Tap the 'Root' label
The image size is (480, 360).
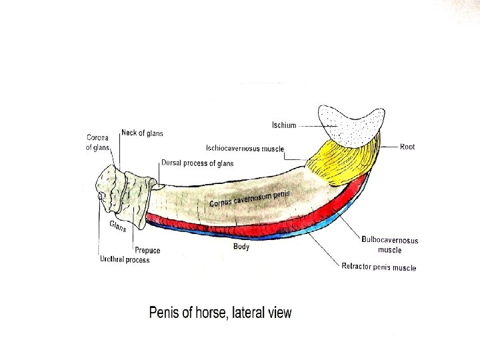click(x=407, y=146)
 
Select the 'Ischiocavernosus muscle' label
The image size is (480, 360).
click(x=245, y=148)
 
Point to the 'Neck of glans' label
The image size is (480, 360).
click(x=142, y=133)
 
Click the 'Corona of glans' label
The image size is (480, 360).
click(x=97, y=143)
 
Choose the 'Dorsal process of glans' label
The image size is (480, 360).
click(x=197, y=163)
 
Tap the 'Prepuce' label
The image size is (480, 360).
click(x=147, y=251)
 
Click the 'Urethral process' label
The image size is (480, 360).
click(x=125, y=259)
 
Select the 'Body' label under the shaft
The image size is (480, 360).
click(x=241, y=247)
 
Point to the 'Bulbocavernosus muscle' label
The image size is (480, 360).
click(x=390, y=245)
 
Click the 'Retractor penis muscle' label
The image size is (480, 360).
click(x=379, y=267)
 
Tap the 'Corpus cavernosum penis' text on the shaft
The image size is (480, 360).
click(x=251, y=197)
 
